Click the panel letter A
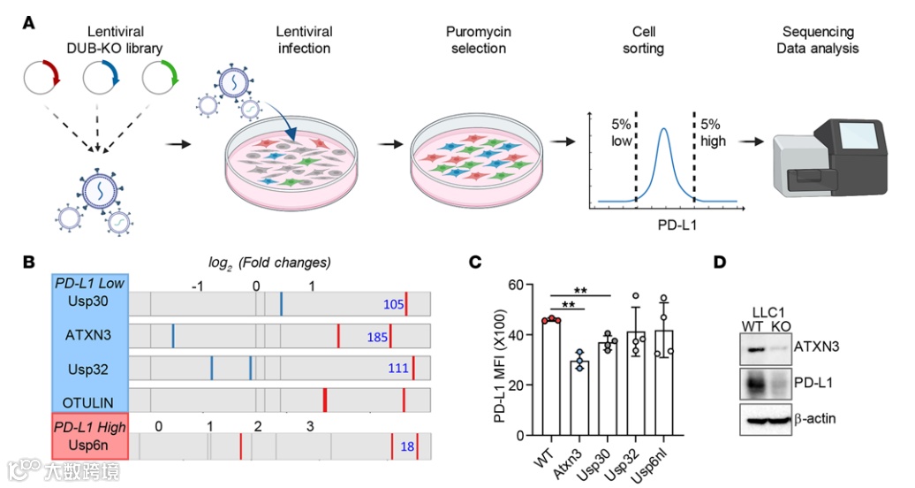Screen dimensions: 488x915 (x=29, y=24)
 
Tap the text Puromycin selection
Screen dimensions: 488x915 (x=479, y=40)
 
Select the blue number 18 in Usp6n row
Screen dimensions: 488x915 (x=407, y=447)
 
